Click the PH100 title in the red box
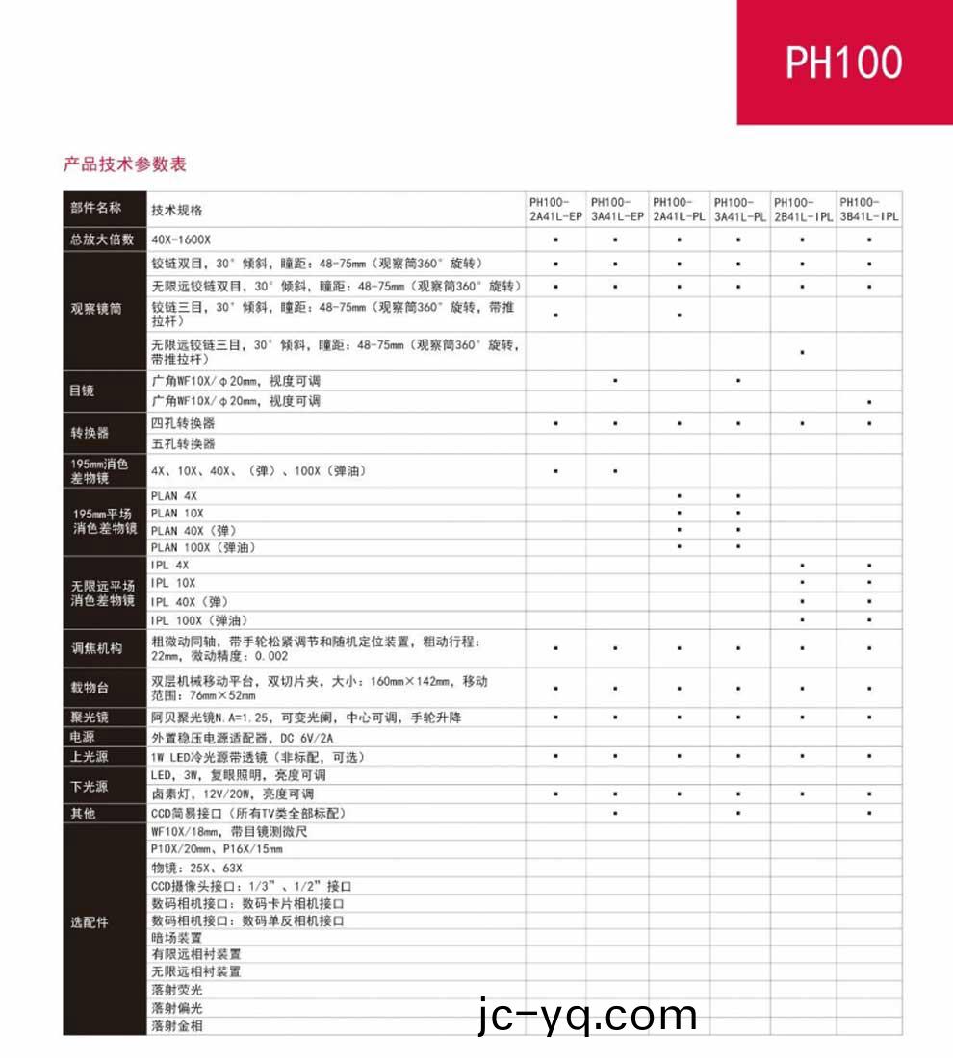pyautogui.click(x=843, y=63)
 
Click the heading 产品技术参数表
pyautogui.click(x=125, y=164)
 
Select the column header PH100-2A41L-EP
pyautogui.click(x=556, y=210)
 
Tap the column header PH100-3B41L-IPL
pyautogui.click(x=869, y=210)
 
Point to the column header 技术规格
pyautogui.click(x=177, y=210)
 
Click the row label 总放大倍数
pyautogui.click(x=101, y=239)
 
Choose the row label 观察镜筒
pyautogui.click(x=96, y=309)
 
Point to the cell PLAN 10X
pyautogui.click(x=177, y=513)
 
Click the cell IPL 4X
pyautogui.click(x=170, y=566)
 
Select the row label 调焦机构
pyautogui.click(x=96, y=648)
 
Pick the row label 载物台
pyautogui.click(x=90, y=690)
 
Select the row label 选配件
pyautogui.click(x=90, y=921)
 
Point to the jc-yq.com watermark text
pyautogui.click(x=586, y=1016)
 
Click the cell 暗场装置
pyautogui.click(x=177, y=937)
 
